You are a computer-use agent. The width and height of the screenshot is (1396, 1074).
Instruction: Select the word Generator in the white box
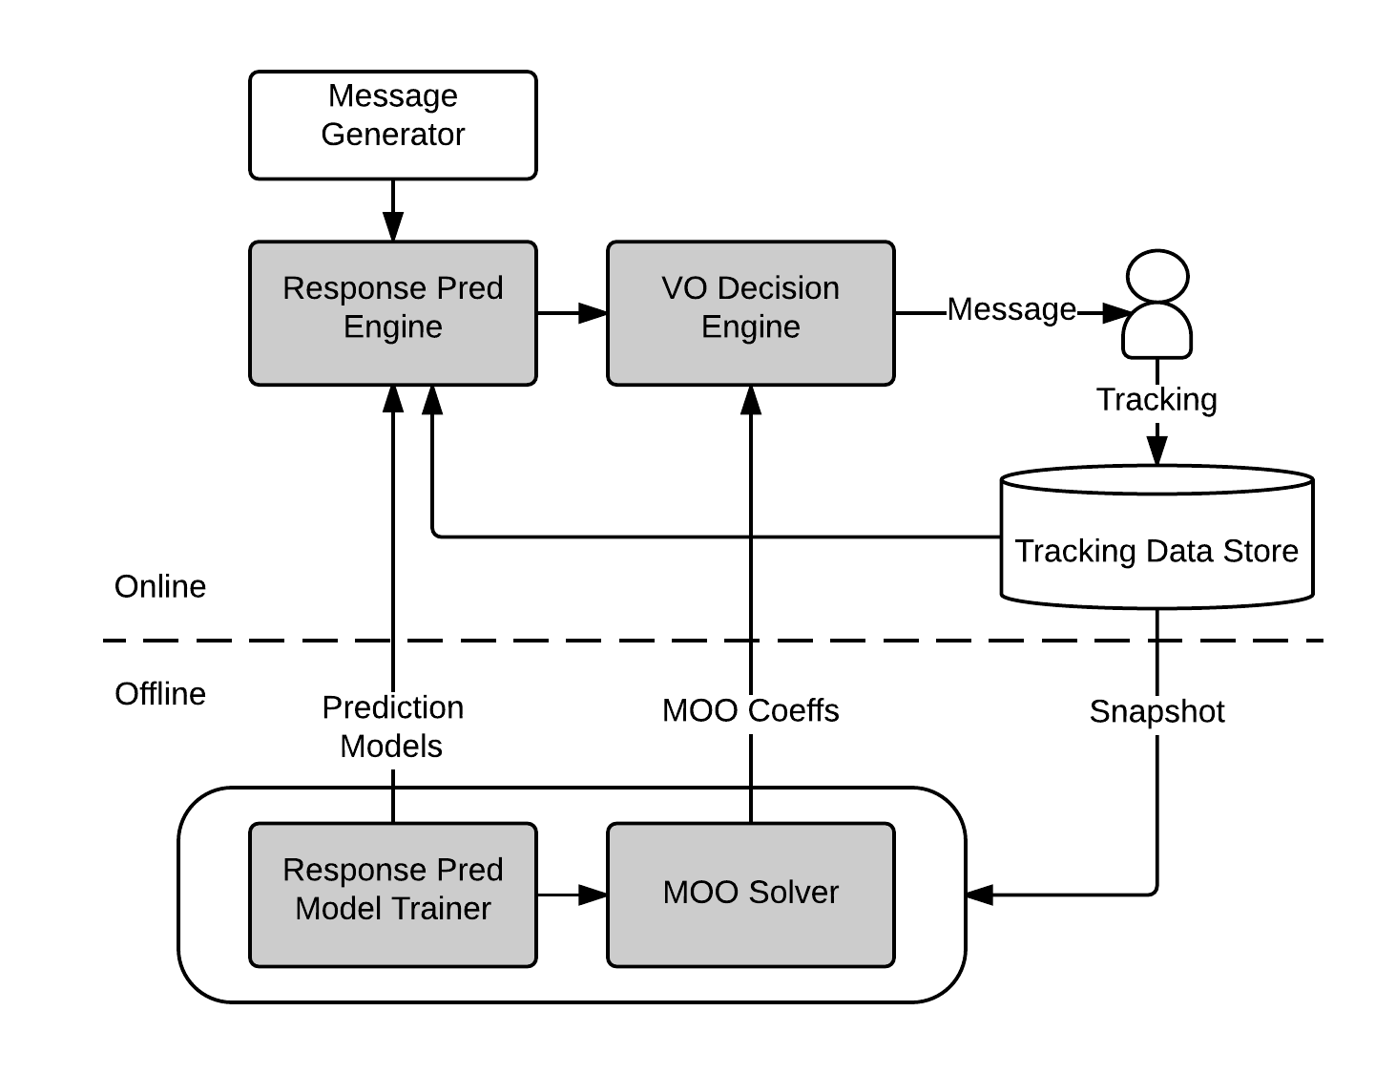coord(392,135)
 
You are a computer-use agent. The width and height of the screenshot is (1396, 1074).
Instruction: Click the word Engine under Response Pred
coord(392,327)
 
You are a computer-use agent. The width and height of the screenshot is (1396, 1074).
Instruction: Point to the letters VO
coord(684,288)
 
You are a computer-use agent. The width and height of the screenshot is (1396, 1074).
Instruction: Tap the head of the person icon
coord(1157,277)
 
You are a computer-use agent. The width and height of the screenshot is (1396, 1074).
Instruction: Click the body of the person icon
coord(1157,332)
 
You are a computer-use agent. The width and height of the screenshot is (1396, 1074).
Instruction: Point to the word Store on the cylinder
coord(1260,552)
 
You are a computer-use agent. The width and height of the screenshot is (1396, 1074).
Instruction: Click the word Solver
coord(794,893)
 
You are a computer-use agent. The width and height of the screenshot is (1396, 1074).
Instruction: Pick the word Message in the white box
coord(392,96)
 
